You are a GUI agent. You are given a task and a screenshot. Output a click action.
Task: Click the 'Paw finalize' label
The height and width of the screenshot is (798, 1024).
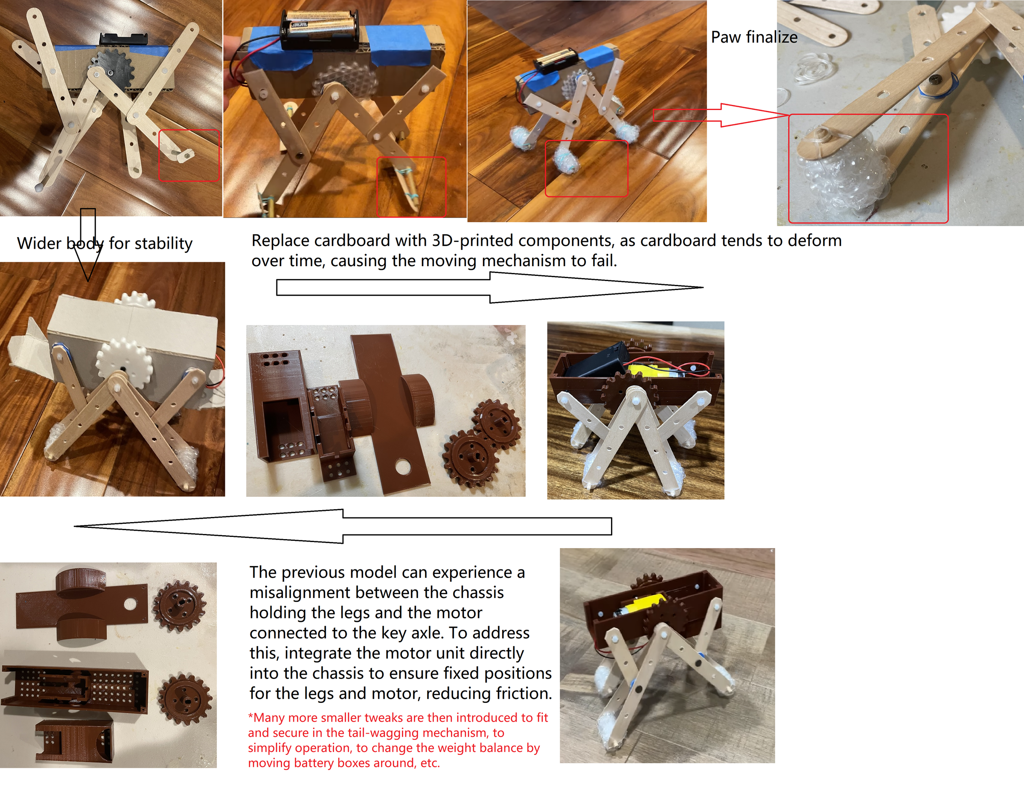click(753, 37)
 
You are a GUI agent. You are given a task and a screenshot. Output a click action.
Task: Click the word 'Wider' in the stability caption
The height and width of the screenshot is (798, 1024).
click(39, 243)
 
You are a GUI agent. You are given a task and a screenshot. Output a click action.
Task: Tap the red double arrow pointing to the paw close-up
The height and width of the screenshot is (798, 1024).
click(717, 115)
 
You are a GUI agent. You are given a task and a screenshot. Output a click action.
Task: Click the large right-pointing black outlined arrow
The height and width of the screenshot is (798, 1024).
click(489, 287)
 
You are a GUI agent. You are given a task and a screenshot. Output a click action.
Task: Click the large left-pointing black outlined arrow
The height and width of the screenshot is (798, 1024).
click(343, 526)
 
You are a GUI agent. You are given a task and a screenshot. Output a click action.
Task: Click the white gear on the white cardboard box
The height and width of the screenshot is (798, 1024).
click(124, 363)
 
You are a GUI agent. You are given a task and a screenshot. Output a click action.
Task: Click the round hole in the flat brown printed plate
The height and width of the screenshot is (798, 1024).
click(402, 466)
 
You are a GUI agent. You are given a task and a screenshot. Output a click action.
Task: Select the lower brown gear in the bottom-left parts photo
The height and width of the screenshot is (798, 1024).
click(185, 699)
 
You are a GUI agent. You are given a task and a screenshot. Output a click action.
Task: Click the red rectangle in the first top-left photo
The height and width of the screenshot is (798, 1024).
click(189, 156)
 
